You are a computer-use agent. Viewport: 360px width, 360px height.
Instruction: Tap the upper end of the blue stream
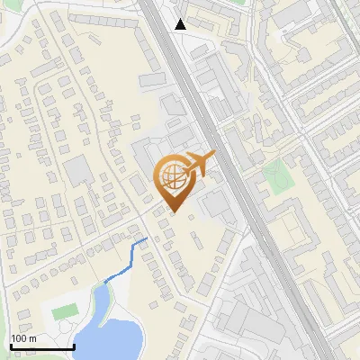point(147,238)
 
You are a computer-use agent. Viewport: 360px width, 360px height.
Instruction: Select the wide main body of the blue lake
point(112,337)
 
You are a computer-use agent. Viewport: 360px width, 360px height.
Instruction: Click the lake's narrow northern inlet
point(102,297)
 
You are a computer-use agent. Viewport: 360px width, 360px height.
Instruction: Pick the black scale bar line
point(41,346)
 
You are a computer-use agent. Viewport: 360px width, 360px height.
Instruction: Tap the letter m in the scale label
point(32,338)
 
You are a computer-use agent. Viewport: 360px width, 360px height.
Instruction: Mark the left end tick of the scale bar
point(10,344)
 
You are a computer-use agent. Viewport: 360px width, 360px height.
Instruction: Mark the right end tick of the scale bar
point(74,344)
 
